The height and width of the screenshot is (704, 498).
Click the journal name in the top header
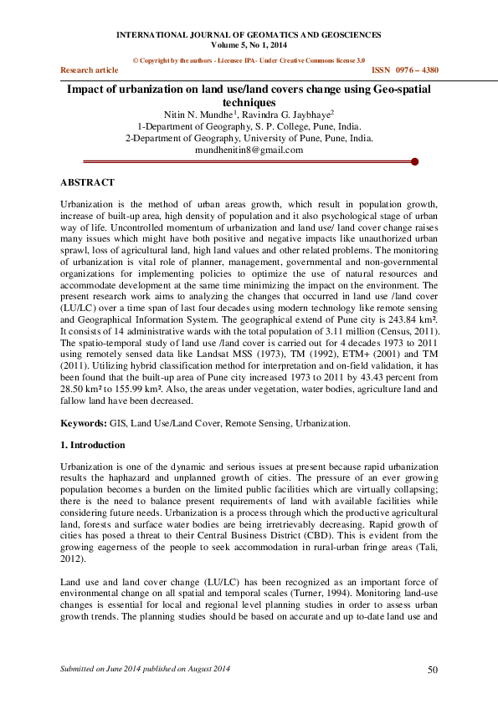[248, 35]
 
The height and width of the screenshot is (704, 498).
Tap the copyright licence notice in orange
[249, 61]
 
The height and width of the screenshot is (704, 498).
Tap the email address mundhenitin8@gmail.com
[249, 150]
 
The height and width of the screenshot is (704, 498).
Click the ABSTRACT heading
[88, 181]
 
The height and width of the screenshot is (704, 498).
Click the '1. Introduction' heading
[94, 445]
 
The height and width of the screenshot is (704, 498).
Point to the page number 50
[433, 670]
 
